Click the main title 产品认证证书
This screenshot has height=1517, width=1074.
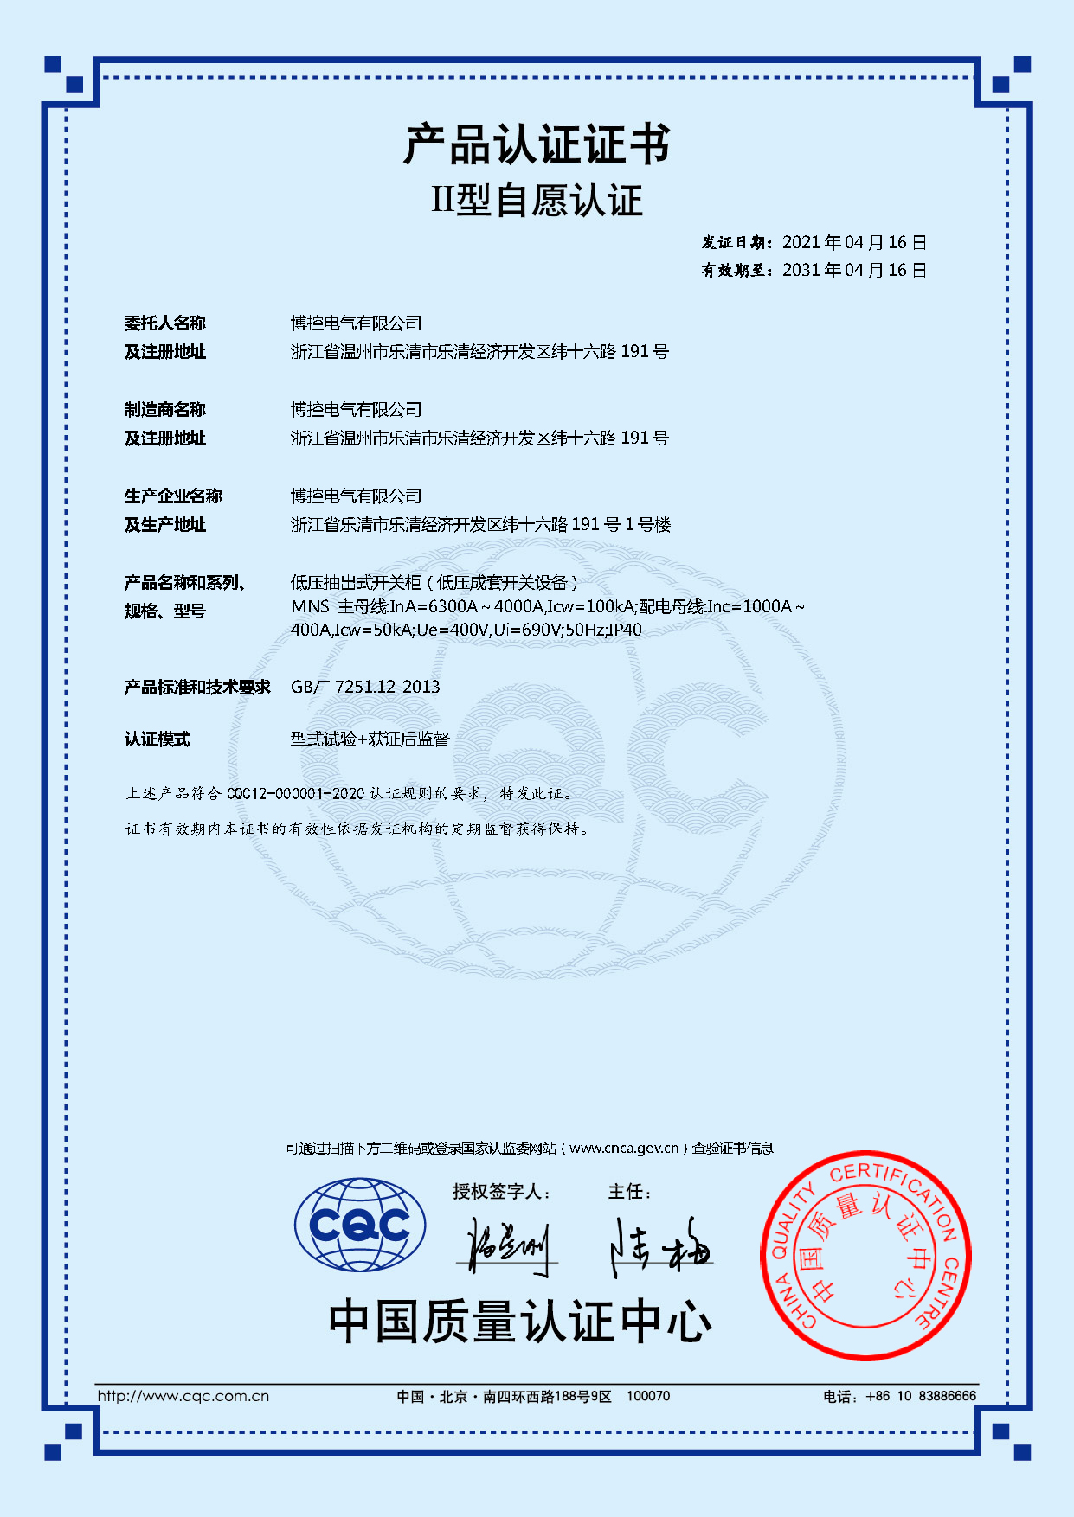coord(537,144)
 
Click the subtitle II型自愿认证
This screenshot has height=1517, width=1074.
coord(537,201)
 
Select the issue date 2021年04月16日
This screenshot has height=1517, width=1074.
coord(854,243)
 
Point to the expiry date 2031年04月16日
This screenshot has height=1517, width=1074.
coord(854,271)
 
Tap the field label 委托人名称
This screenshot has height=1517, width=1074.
coord(165,323)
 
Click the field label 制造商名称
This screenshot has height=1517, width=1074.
coord(165,410)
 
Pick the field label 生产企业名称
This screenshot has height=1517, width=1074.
coord(173,496)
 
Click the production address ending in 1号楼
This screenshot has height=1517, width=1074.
coord(480,525)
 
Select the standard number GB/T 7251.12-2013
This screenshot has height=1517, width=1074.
coord(365,688)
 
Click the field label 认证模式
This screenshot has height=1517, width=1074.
coord(157,739)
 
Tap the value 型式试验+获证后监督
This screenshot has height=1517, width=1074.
coord(370,739)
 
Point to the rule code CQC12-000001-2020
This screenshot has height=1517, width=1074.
coord(296,794)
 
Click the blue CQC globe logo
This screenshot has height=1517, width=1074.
coord(360,1225)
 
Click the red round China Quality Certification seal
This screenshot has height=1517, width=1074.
coord(865,1255)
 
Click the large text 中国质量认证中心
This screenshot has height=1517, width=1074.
coord(519,1322)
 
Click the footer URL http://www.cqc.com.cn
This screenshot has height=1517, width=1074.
coord(183,1396)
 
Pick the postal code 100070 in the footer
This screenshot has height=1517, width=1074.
coord(648,1396)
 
